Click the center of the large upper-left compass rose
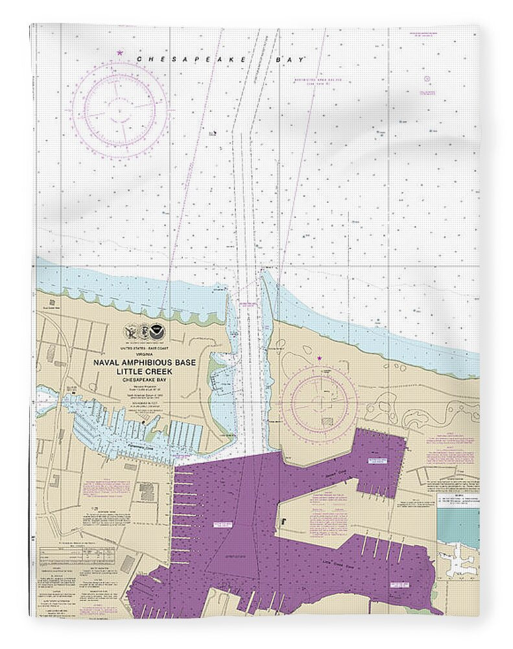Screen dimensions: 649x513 click(119, 109)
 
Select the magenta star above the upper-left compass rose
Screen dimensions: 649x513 click(119, 53)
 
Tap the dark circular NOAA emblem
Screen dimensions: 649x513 click(158, 334)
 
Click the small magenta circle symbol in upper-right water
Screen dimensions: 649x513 click(427, 79)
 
